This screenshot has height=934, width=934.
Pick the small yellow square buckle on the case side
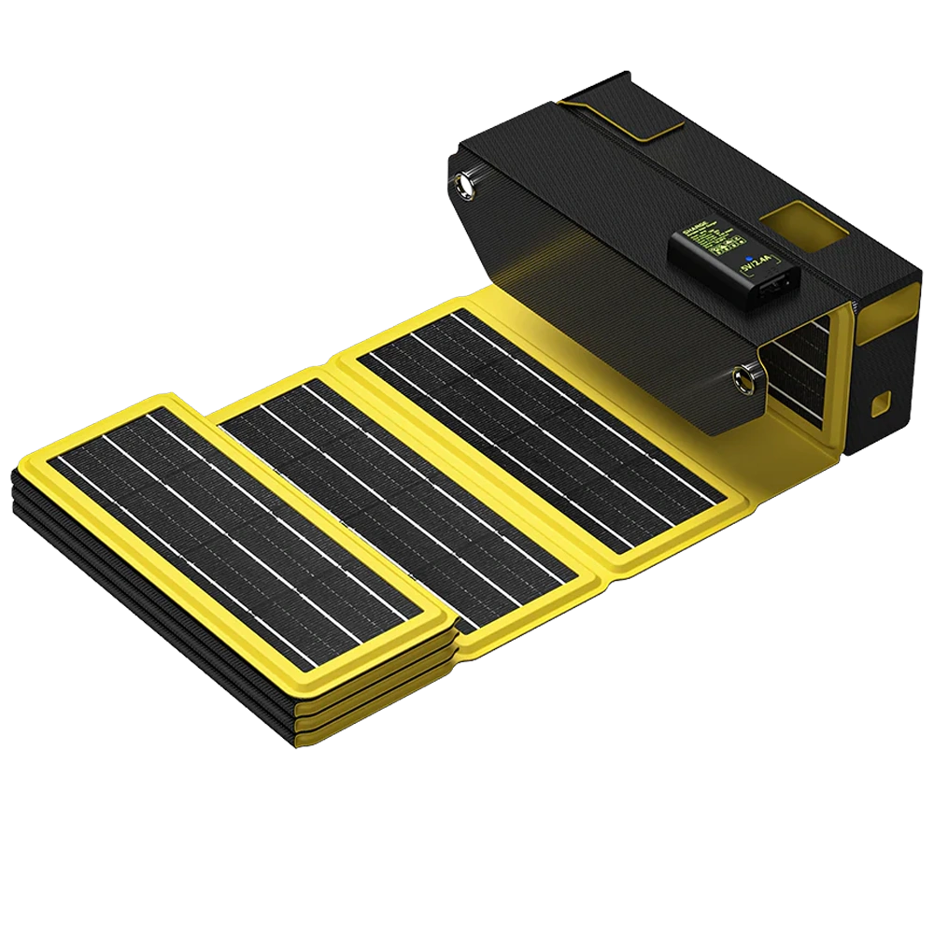point(880,404)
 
